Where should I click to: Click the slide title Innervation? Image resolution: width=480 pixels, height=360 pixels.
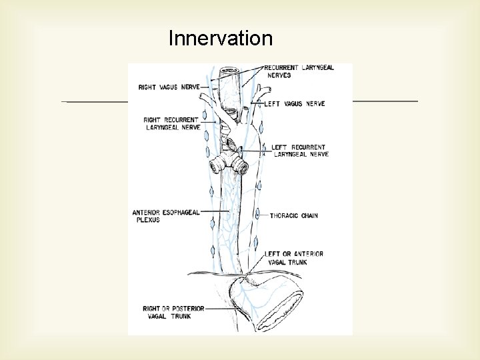click(221, 38)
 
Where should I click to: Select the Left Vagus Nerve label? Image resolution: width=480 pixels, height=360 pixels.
click(294, 104)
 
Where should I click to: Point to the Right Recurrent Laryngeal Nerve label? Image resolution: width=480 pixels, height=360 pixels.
click(172, 123)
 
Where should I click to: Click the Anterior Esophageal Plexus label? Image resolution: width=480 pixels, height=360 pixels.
click(166, 216)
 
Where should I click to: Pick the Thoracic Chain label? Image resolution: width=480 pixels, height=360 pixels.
click(294, 216)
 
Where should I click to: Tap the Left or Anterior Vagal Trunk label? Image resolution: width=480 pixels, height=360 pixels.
click(294, 257)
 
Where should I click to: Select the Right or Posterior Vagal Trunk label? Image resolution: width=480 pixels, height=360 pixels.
click(173, 312)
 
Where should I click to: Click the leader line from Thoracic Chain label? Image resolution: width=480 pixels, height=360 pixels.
click(261, 216)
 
